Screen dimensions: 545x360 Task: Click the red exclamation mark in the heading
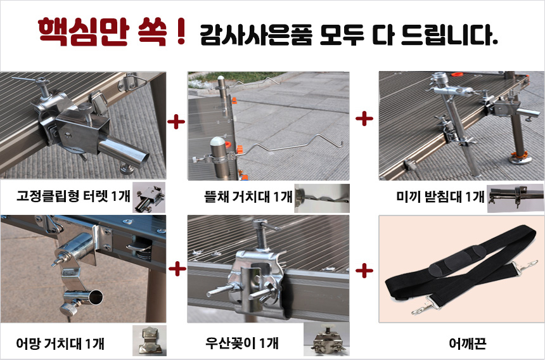[x=181, y=32]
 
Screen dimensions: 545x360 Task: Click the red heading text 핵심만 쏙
[x=103, y=32]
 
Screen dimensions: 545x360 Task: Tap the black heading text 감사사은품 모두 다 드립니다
[x=349, y=35]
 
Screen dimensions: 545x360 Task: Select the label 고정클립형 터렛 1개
[x=73, y=196]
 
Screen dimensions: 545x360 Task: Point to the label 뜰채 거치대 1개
[x=248, y=197]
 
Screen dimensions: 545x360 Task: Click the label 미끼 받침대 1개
[x=440, y=196]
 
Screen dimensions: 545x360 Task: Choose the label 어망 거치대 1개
[x=60, y=344]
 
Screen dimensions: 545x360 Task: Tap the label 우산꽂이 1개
[x=242, y=344]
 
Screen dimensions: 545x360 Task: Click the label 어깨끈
[x=467, y=344]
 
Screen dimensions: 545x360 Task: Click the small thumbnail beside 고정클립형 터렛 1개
[x=149, y=197]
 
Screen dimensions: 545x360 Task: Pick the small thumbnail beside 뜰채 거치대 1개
[x=322, y=198]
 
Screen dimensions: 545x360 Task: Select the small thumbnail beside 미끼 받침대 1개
[x=515, y=198]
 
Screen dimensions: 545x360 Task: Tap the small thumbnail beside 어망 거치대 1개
[x=150, y=340]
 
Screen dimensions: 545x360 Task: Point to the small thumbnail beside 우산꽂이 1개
[x=326, y=340]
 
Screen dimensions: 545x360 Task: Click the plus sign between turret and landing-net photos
[x=176, y=122]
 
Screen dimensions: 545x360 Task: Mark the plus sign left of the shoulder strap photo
[x=364, y=270]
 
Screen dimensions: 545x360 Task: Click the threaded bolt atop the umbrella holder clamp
[x=260, y=233]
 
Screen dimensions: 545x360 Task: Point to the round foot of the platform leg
[x=520, y=159]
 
